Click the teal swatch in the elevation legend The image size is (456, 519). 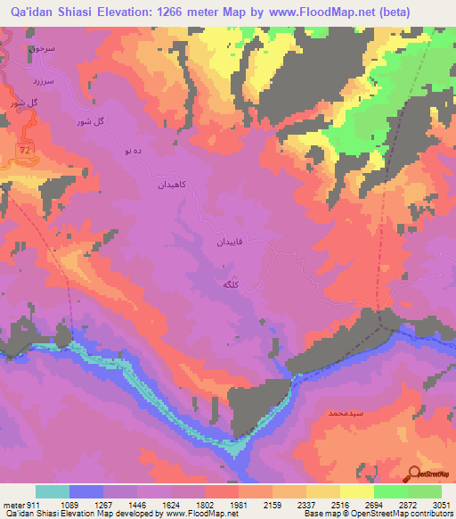[x=52, y=491]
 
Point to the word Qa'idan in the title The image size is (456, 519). [x=37, y=10]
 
